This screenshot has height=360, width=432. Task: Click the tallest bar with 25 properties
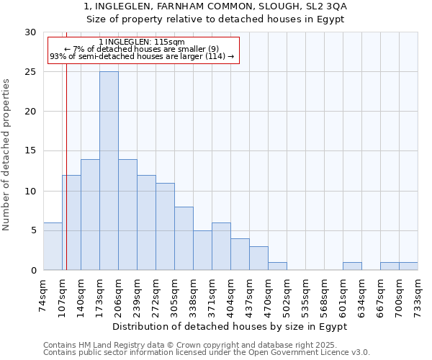[x=109, y=171]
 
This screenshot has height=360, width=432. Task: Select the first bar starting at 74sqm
[x=53, y=246]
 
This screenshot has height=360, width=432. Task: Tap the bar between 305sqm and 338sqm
[x=184, y=238]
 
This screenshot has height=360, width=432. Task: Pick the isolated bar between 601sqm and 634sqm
[x=352, y=266]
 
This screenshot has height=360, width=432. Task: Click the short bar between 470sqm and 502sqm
[x=277, y=266]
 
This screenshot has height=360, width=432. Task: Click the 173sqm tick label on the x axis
[x=100, y=294]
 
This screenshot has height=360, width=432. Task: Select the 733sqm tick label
[x=418, y=294]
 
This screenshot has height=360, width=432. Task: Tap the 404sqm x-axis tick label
[x=231, y=294]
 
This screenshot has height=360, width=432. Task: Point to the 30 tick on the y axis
[x=30, y=32]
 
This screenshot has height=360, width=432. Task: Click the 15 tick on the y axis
[x=30, y=151]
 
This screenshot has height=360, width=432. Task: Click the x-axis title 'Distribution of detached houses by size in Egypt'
[x=230, y=326]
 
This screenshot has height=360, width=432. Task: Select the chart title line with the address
[x=216, y=6]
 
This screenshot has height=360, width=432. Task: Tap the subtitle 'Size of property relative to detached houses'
[x=216, y=19]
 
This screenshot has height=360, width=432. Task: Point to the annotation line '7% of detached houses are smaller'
[x=142, y=49]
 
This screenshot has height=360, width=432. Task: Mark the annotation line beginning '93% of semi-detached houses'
[x=142, y=56]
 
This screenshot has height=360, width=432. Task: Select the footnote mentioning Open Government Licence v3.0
[x=207, y=353]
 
